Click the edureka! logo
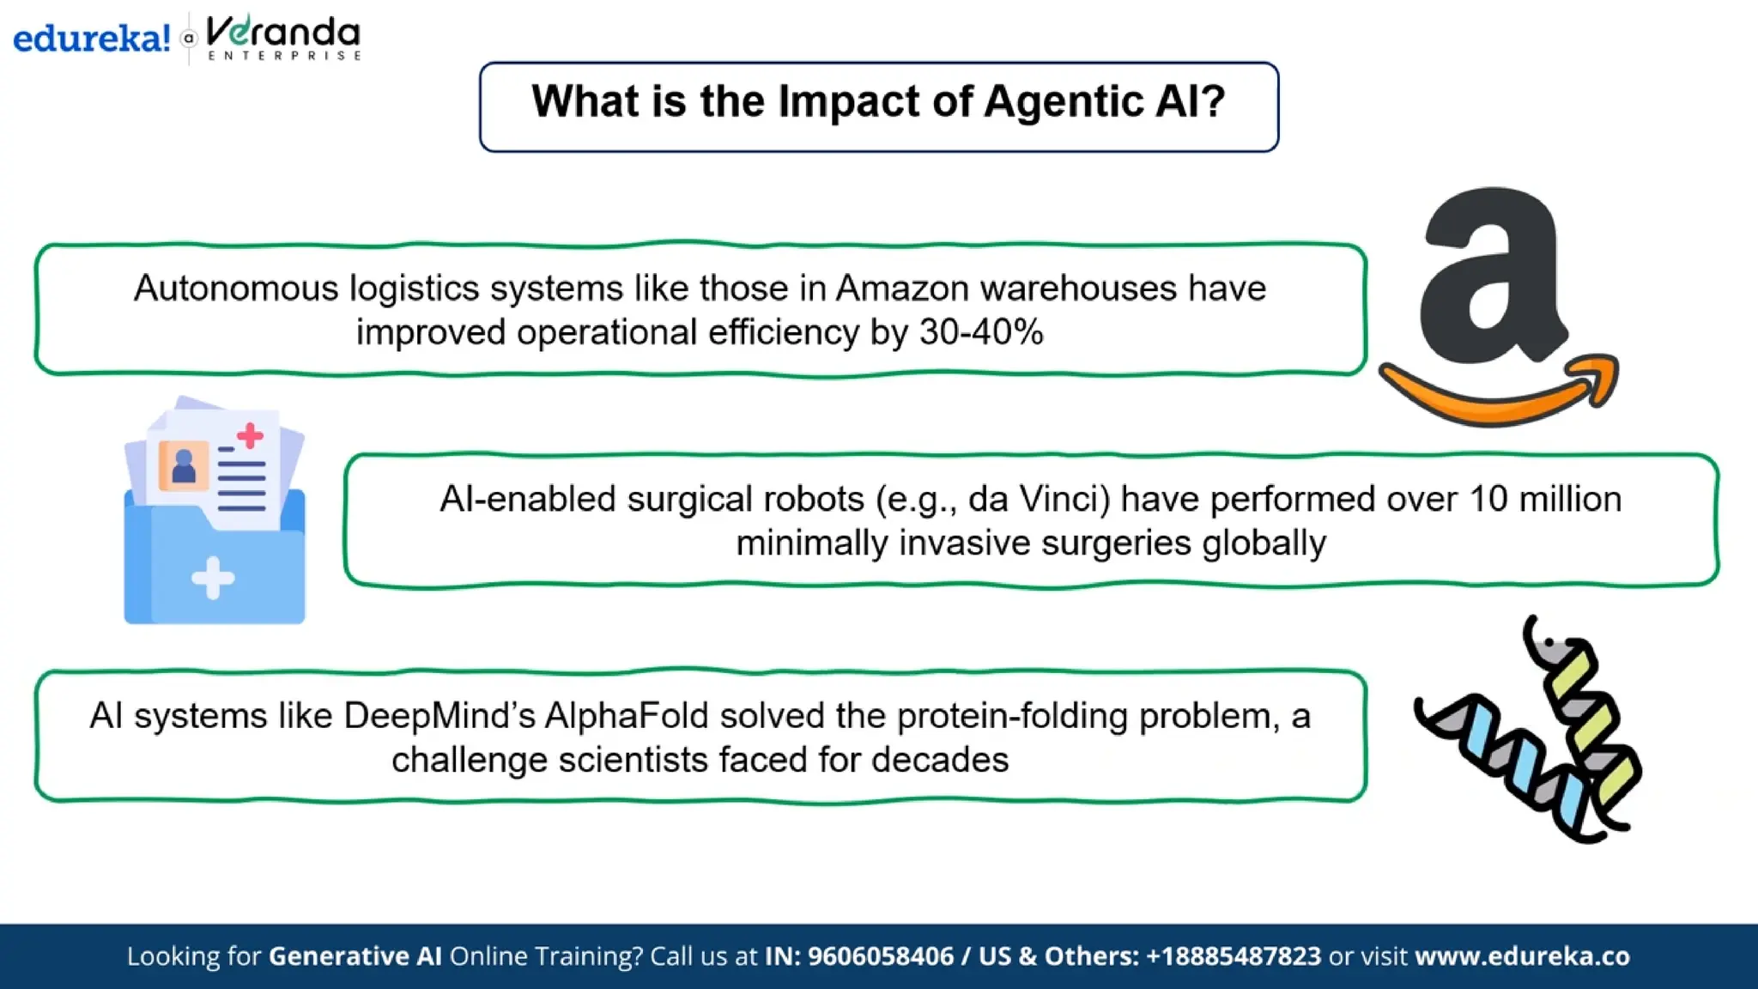click(x=91, y=39)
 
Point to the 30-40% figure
click(x=981, y=332)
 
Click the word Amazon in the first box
click(x=902, y=288)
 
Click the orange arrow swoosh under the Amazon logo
click(x=1498, y=395)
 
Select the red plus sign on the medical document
click(x=250, y=435)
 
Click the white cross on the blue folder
click(x=213, y=578)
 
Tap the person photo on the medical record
click(x=184, y=466)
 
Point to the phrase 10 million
click(x=1545, y=499)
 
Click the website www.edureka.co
click(x=1521, y=956)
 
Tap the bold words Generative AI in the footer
click(x=355, y=956)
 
